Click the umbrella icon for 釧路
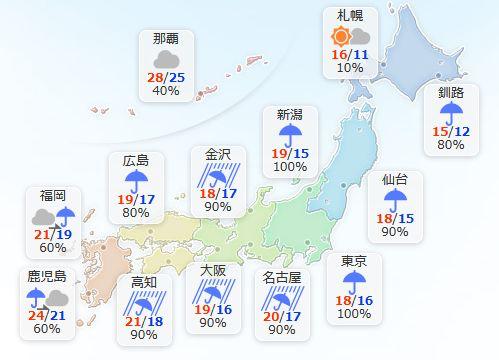452,112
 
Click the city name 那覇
166,40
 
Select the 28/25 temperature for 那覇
166,77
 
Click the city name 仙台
395,180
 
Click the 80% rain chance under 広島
135,213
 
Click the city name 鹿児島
46,275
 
